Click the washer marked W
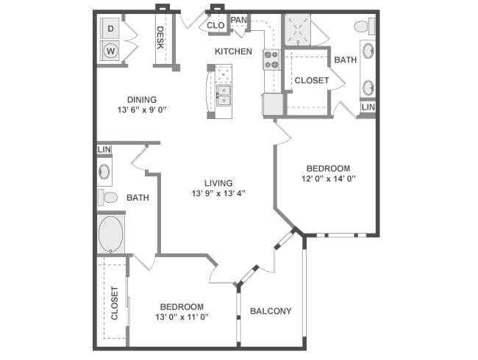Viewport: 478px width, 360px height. click(110, 51)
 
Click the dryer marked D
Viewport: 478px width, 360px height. click(110, 29)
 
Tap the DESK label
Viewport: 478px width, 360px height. click(160, 37)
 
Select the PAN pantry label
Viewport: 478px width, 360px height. click(239, 20)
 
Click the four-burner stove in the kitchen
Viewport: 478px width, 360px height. click(272, 60)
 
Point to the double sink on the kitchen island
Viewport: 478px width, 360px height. click(224, 96)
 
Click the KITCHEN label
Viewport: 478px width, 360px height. click(234, 51)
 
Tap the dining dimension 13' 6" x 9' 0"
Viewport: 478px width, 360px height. click(142, 109)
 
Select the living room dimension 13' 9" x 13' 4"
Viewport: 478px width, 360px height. click(218, 193)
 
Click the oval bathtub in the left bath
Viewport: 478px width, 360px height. click(110, 234)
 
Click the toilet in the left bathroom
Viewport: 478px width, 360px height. click(107, 197)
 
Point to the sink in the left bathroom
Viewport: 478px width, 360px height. click(104, 171)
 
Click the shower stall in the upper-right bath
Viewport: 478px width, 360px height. click(298, 30)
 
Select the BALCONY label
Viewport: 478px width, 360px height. click(271, 311)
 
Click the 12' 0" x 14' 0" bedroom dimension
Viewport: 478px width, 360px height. click(328, 179)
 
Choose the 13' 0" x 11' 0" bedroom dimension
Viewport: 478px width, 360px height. click(182, 317)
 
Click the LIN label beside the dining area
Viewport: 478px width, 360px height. click(104, 150)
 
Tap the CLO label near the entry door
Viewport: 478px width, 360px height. click(215, 25)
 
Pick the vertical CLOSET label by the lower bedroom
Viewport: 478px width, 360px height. click(115, 303)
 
